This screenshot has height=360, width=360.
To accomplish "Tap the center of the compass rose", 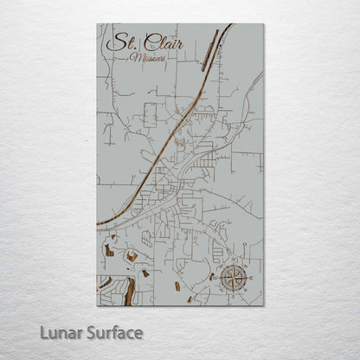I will point(233,279).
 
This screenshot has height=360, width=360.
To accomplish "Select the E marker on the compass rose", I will point(247,279).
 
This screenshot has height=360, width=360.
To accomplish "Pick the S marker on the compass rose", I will point(233,292).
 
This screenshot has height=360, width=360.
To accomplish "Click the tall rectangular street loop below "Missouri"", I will point(150,113).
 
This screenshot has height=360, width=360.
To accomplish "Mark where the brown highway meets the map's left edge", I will point(98,224).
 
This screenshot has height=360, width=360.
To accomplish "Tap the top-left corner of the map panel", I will point(97,23).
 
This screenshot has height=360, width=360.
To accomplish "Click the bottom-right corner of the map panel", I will point(262,305).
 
